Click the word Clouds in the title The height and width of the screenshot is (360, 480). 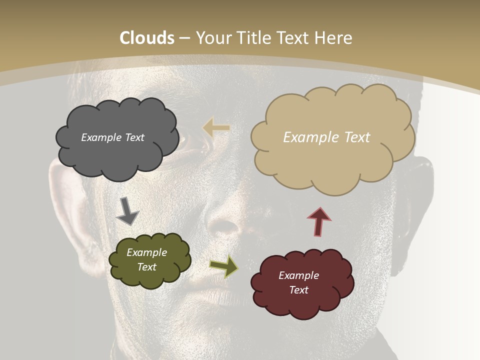147,38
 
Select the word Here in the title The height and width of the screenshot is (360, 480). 334,38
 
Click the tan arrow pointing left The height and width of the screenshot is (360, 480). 216,128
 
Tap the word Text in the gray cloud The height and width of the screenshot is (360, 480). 134,137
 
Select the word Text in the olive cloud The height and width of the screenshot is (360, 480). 146,267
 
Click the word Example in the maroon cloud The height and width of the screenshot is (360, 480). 298,275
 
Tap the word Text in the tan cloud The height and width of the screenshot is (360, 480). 357,137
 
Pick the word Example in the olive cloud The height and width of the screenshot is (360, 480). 146,252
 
